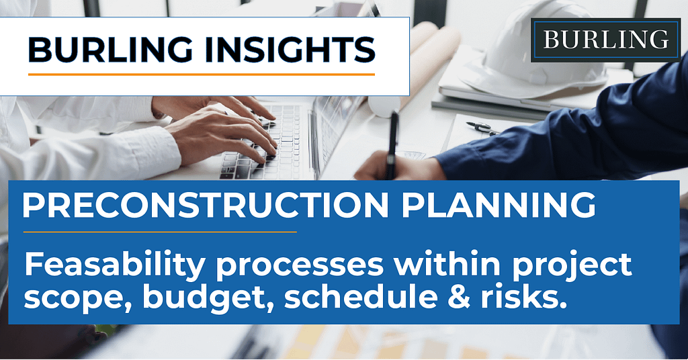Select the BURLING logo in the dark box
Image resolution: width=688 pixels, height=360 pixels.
pyautogui.click(x=605, y=40)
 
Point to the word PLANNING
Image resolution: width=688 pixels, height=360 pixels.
pyautogui.click(x=499, y=205)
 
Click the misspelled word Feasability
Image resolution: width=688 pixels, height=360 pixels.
pyautogui.click(x=115, y=265)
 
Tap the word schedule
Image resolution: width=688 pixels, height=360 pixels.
pyautogui.click(x=361, y=296)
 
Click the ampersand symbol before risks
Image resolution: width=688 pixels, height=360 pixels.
pyautogui.click(x=458, y=296)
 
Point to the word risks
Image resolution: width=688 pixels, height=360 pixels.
pyautogui.click(x=521, y=296)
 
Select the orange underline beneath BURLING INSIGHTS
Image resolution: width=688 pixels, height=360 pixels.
pyautogui.click(x=202, y=75)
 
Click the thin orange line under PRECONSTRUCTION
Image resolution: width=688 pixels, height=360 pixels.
pyautogui.click(x=160, y=232)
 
